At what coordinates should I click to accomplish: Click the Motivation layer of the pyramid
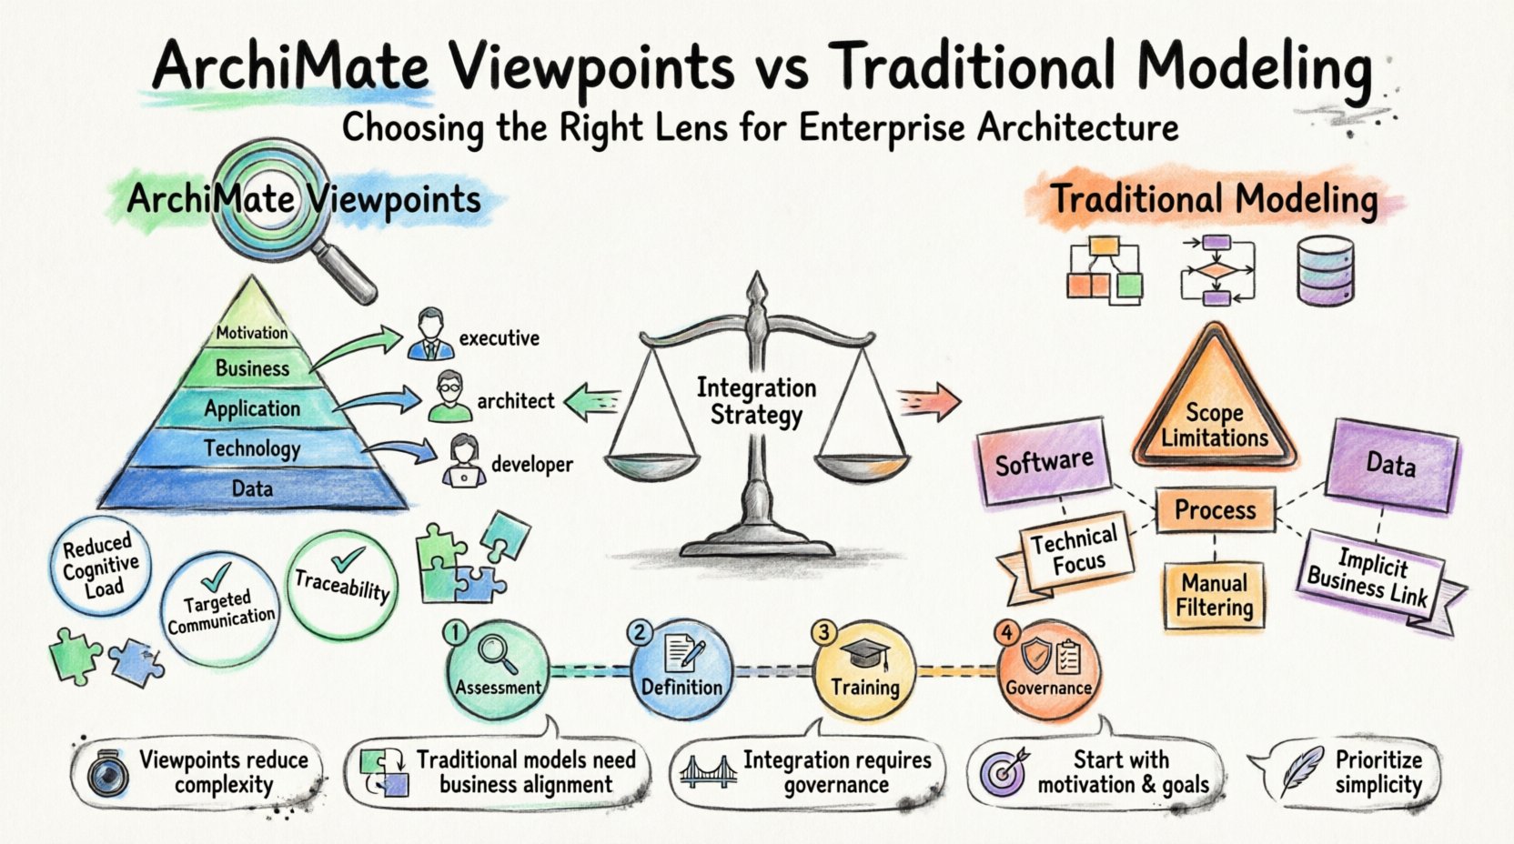(x=251, y=333)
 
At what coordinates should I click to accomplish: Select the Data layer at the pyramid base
(x=252, y=488)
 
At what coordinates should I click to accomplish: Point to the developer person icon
(x=463, y=461)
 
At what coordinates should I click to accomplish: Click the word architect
(x=515, y=401)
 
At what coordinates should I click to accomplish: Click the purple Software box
(x=1044, y=461)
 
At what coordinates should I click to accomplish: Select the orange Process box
(x=1215, y=509)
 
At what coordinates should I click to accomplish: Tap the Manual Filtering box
(x=1214, y=595)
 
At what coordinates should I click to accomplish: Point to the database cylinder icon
(x=1325, y=270)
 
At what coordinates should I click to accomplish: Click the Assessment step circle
(x=498, y=671)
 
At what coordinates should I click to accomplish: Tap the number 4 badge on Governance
(x=1006, y=632)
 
